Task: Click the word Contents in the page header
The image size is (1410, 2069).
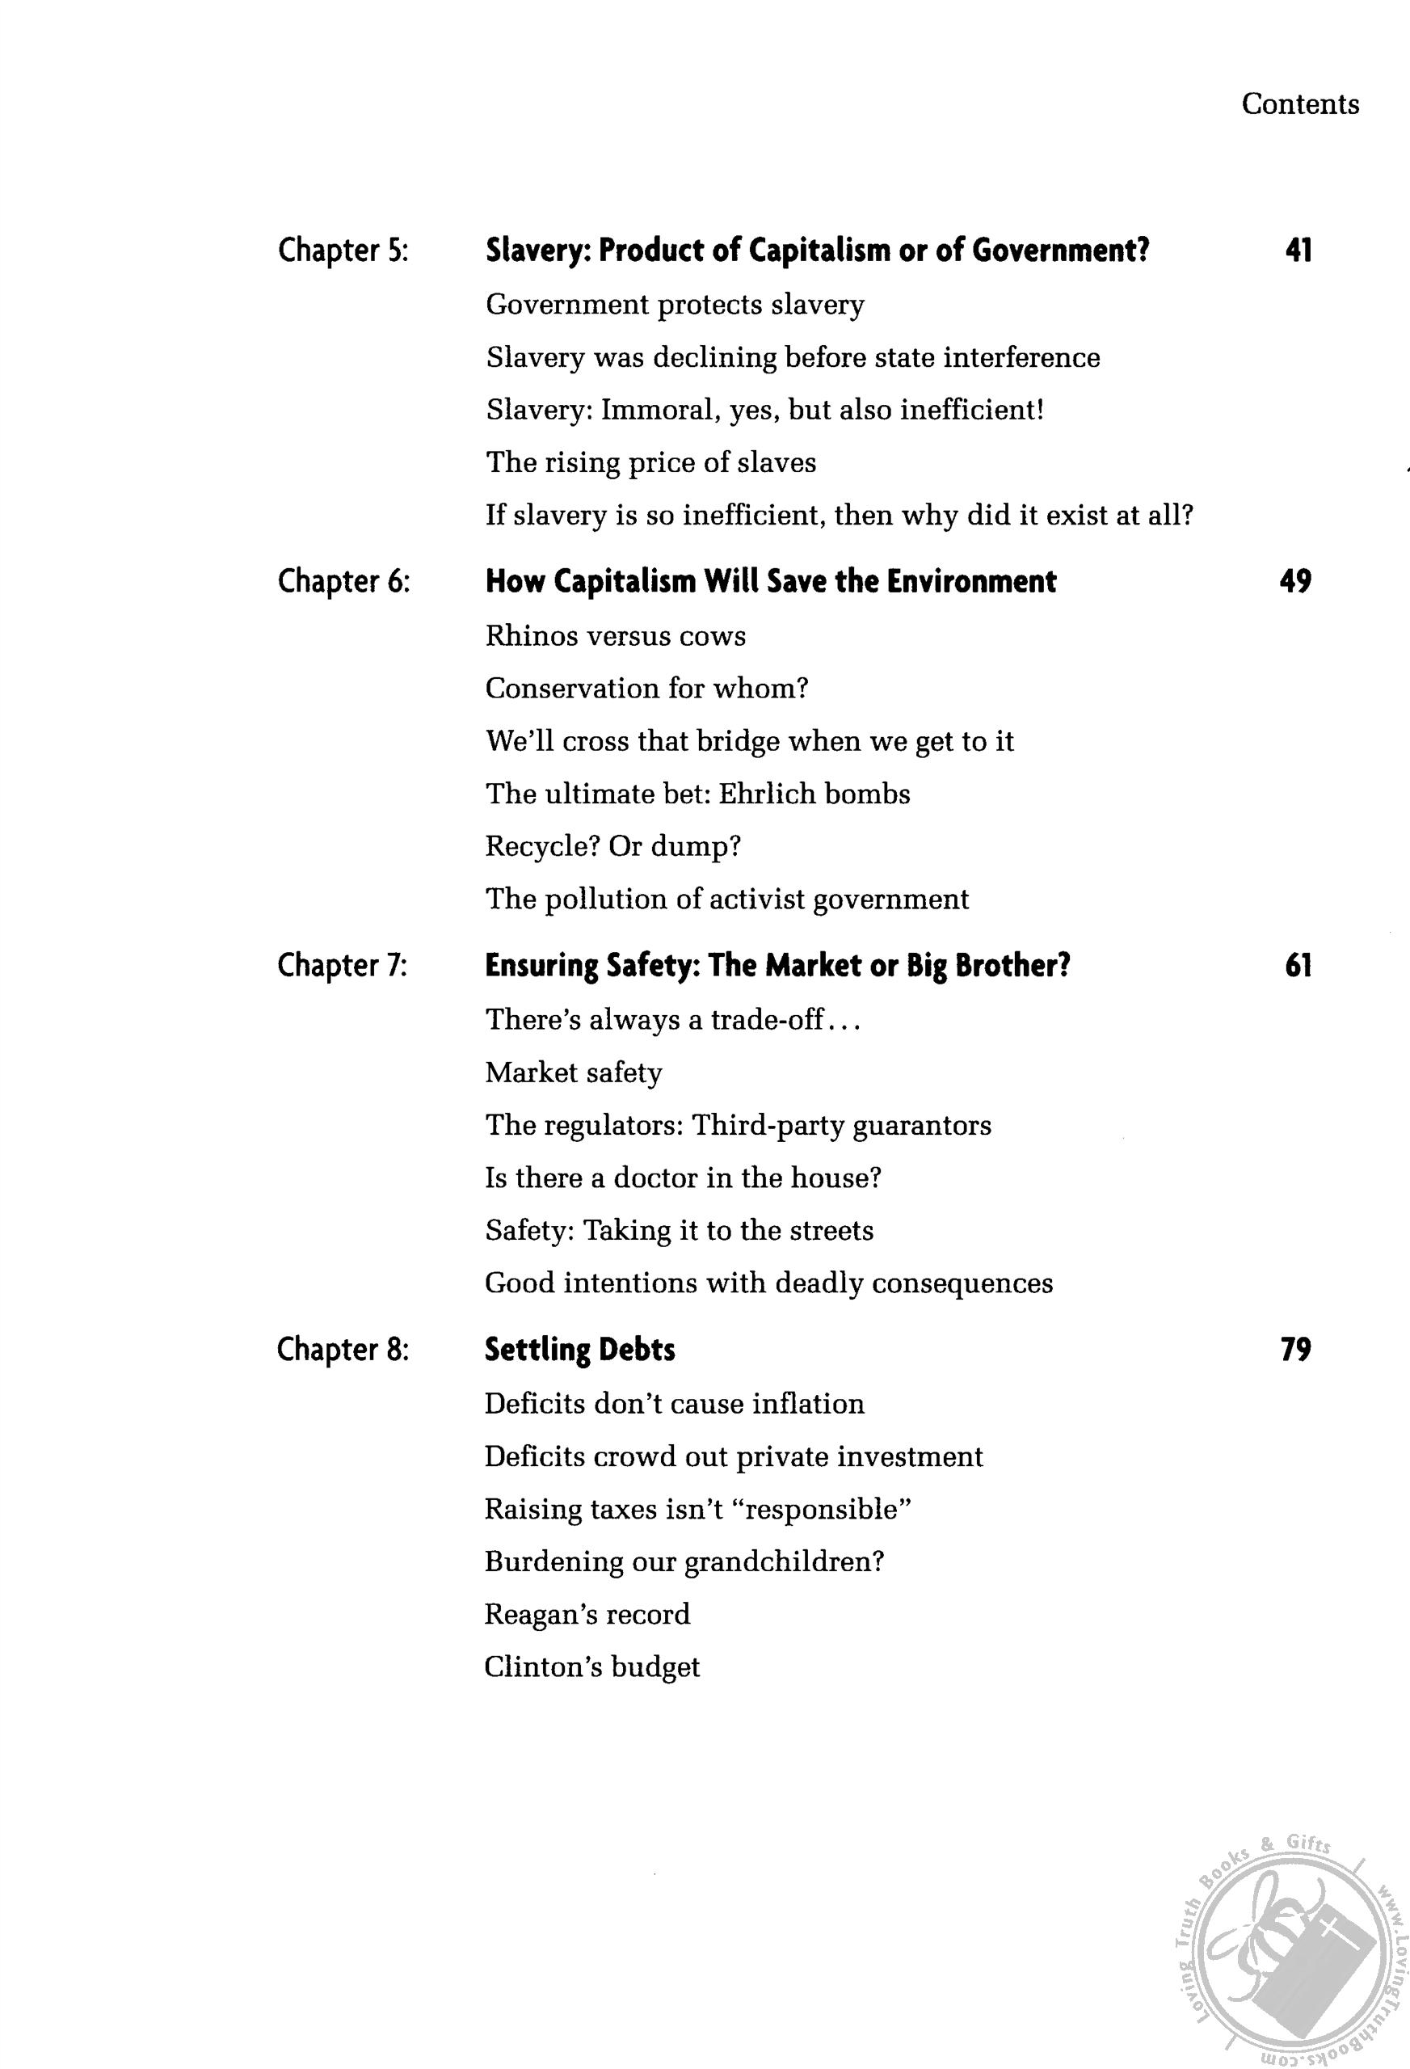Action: (x=1299, y=104)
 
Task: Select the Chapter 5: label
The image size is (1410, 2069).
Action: (x=343, y=251)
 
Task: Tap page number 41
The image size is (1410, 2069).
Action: (x=1298, y=251)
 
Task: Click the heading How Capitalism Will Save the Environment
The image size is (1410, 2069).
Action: (x=771, y=581)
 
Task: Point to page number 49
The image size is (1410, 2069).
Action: (x=1295, y=581)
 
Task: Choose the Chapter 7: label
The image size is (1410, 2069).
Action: (x=343, y=965)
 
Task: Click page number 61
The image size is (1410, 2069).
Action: (x=1298, y=965)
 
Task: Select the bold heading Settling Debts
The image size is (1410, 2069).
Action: (x=579, y=1350)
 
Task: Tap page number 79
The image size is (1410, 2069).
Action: (x=1295, y=1350)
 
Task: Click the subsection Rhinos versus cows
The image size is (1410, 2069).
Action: (x=615, y=636)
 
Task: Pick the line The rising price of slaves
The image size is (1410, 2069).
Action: (x=650, y=463)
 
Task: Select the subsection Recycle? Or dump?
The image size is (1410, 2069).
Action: (x=612, y=845)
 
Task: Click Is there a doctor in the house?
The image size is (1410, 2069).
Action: (x=683, y=1178)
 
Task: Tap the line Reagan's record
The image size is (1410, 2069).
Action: (x=587, y=1614)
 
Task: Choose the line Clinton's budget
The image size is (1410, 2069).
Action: (x=592, y=1667)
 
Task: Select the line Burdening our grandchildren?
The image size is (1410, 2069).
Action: (x=684, y=1561)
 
